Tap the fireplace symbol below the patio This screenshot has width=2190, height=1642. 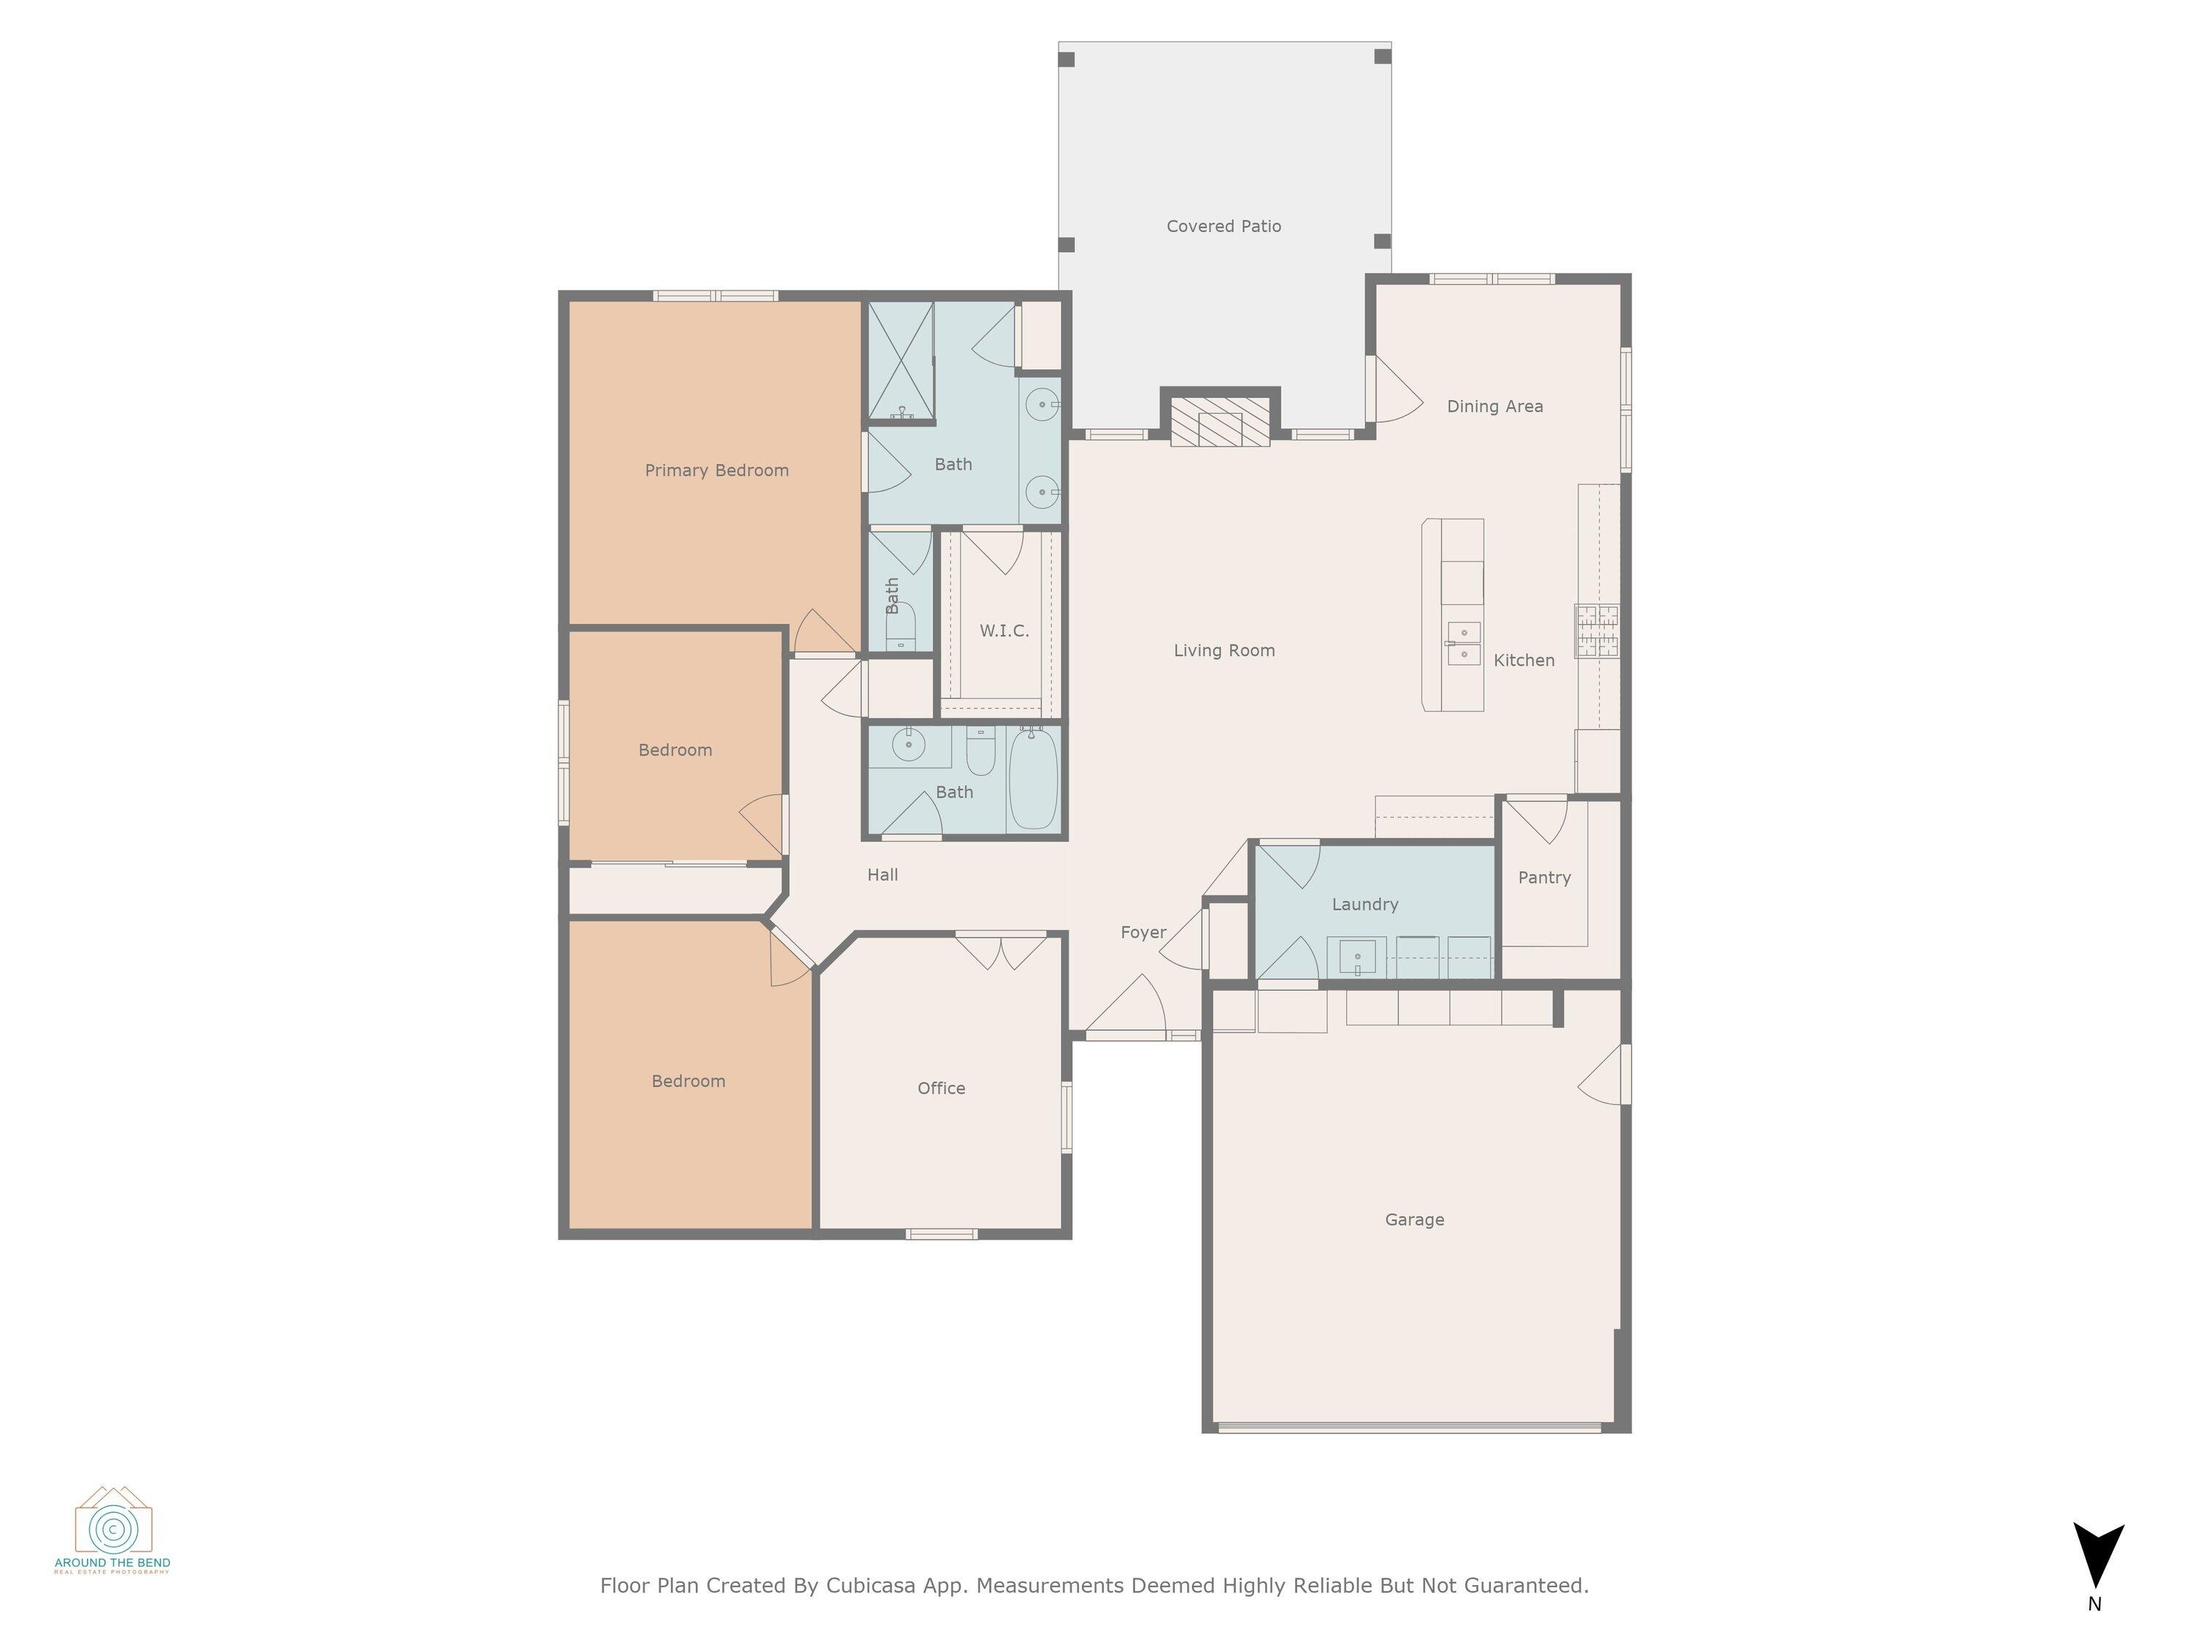pos(1220,423)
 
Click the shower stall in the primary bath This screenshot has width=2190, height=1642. pos(901,361)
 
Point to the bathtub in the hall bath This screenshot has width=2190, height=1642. pos(1034,779)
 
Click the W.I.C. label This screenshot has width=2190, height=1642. pos(1004,631)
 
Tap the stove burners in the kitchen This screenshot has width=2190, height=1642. pos(1597,631)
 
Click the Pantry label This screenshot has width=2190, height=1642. pos(1543,878)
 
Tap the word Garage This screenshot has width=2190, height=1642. pos(1414,1220)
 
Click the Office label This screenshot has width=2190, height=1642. pos(940,1089)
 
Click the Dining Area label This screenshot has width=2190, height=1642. pos(1494,406)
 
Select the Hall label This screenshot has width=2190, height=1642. pos(882,875)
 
